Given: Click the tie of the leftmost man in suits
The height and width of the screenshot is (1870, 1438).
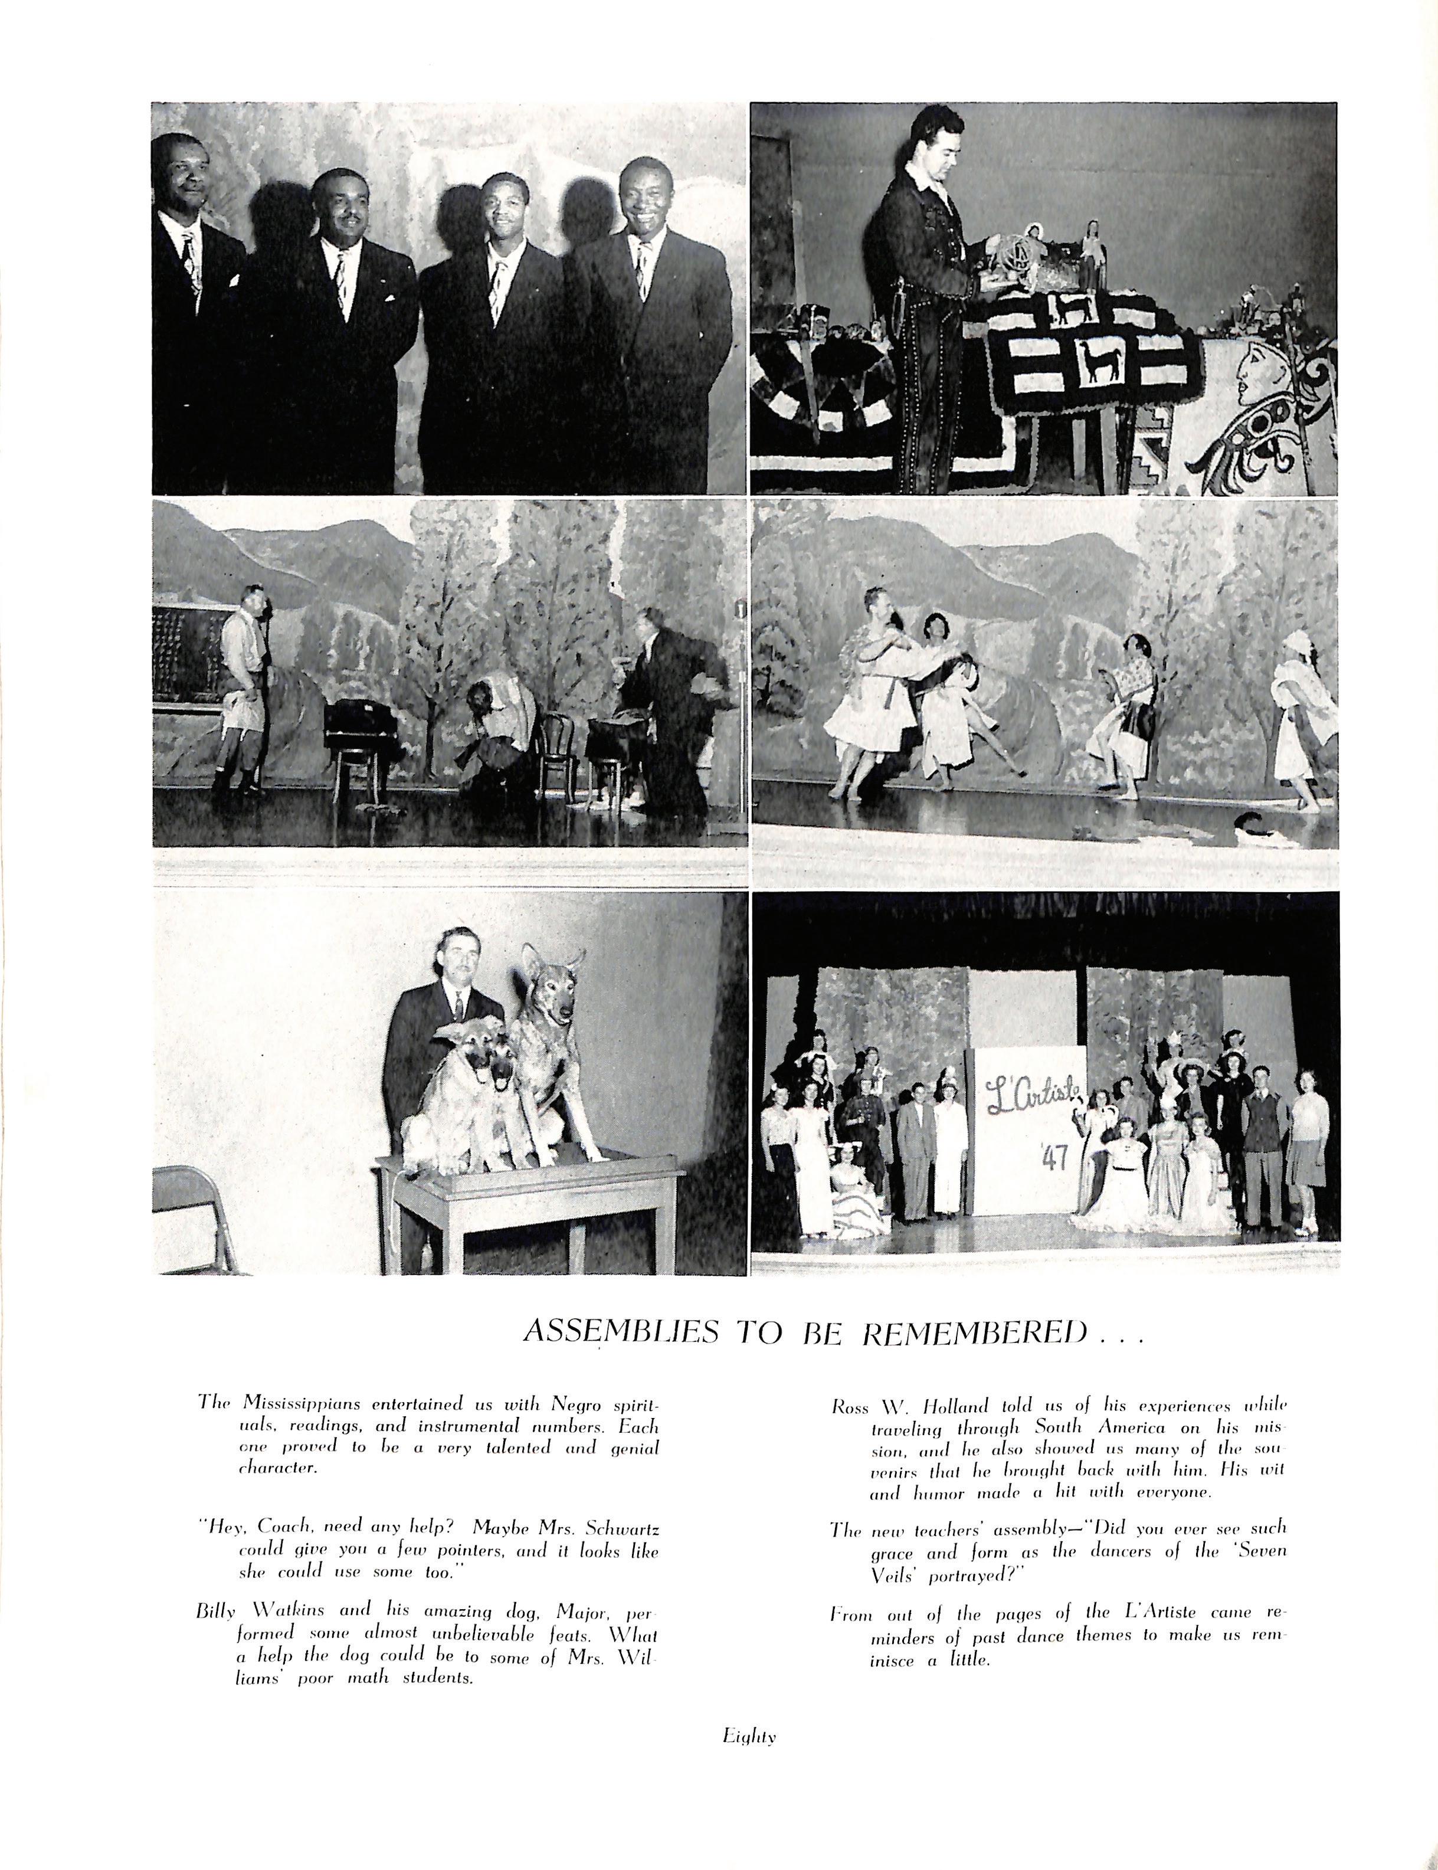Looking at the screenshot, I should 190,261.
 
